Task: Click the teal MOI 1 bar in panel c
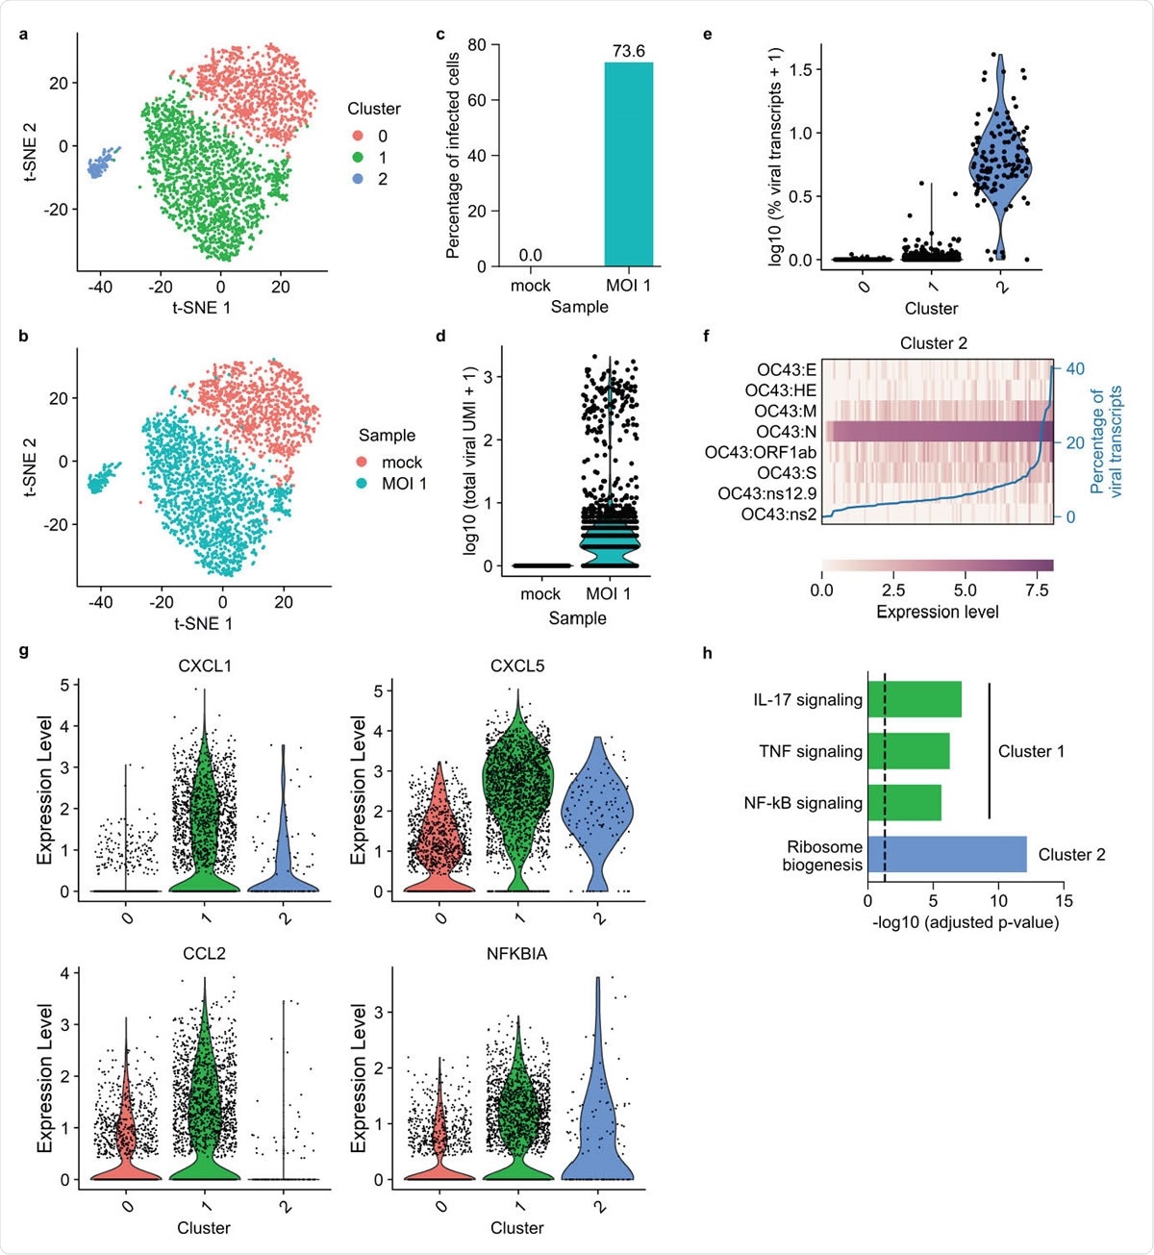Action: [x=628, y=163]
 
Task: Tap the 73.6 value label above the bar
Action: [x=628, y=51]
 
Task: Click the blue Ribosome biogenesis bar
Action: [x=947, y=854]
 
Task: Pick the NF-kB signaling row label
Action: [x=803, y=803]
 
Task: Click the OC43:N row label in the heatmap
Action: [x=786, y=432]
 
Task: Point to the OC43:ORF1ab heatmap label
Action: [x=761, y=452]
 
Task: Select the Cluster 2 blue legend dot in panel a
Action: [x=358, y=179]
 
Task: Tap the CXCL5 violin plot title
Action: [x=517, y=665]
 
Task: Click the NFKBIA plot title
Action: [x=517, y=953]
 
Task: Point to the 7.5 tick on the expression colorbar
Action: [x=1037, y=590]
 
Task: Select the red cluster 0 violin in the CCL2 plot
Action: [x=126, y=1135]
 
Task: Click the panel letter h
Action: [x=708, y=654]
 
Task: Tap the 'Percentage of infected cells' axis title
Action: [x=453, y=156]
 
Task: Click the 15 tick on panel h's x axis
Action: [x=1064, y=901]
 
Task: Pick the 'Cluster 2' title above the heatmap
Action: [x=933, y=343]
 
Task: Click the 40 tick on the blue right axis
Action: [x=1075, y=368]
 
